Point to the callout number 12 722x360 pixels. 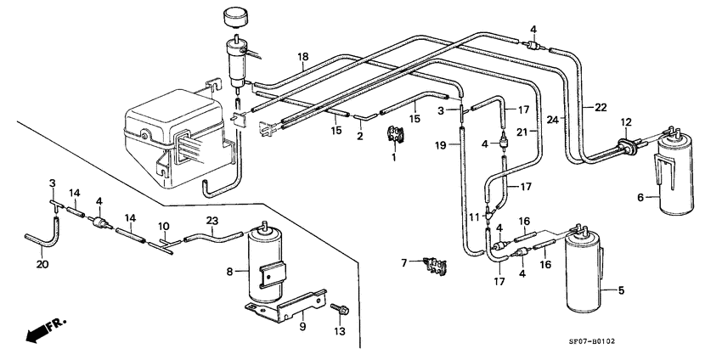pyautogui.click(x=626, y=121)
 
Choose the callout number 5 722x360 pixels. pyautogui.click(x=620, y=291)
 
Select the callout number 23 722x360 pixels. pyautogui.click(x=212, y=221)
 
